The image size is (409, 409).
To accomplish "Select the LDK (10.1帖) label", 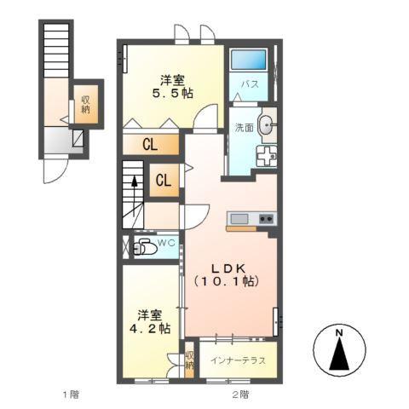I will (x=225, y=272).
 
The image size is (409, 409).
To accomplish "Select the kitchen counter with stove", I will (x=251, y=220).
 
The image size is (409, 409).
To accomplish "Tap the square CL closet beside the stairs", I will (x=164, y=180).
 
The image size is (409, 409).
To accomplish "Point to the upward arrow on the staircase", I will (x=134, y=185).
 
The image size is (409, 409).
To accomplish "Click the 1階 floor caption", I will (x=71, y=394).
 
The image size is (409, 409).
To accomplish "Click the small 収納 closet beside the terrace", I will (x=189, y=360).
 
